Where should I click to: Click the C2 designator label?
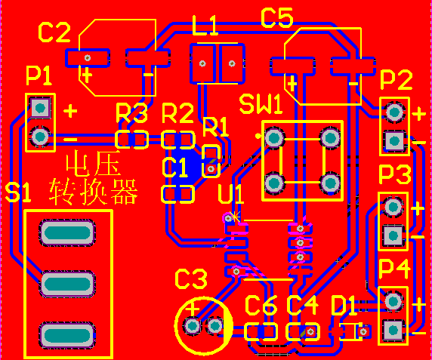coord(54,32)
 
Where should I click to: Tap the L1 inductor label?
coord(205,26)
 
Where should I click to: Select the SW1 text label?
coord(261,105)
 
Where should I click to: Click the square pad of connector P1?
coord(40,108)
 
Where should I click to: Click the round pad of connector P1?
coord(40,137)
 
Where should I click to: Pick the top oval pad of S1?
coord(67,233)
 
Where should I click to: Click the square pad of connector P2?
coord(394,141)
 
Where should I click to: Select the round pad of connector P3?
coord(393,207)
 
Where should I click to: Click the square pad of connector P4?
coord(393,330)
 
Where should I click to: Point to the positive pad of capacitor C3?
coord(193,327)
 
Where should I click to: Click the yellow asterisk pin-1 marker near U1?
coord(235,217)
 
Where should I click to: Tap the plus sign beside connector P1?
coord(70,111)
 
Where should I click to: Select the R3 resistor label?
coord(131,113)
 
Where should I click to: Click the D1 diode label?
coord(344,306)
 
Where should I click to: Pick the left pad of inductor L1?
coord(202,64)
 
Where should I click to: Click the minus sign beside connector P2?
coord(419,143)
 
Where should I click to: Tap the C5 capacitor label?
coord(277,17)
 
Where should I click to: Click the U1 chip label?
coord(231,194)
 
